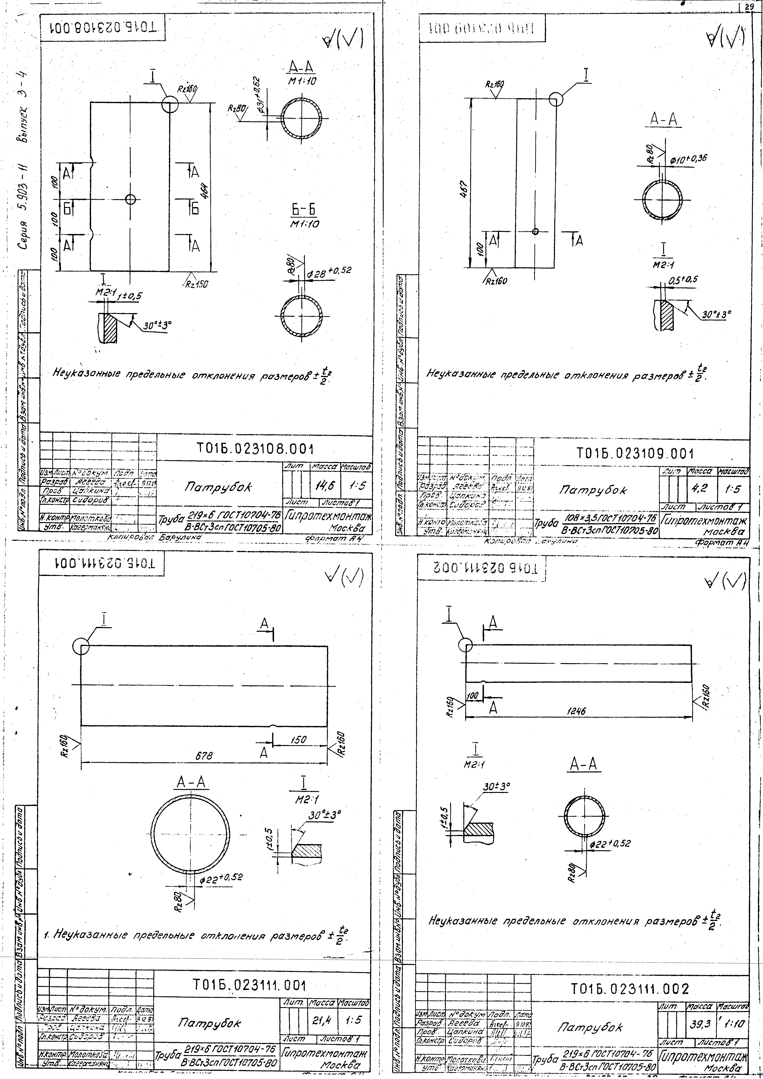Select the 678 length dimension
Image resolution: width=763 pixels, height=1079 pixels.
pos(204,756)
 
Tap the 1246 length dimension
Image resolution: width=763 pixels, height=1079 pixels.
pos(576,711)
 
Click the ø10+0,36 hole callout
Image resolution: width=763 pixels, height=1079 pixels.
pos(688,159)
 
